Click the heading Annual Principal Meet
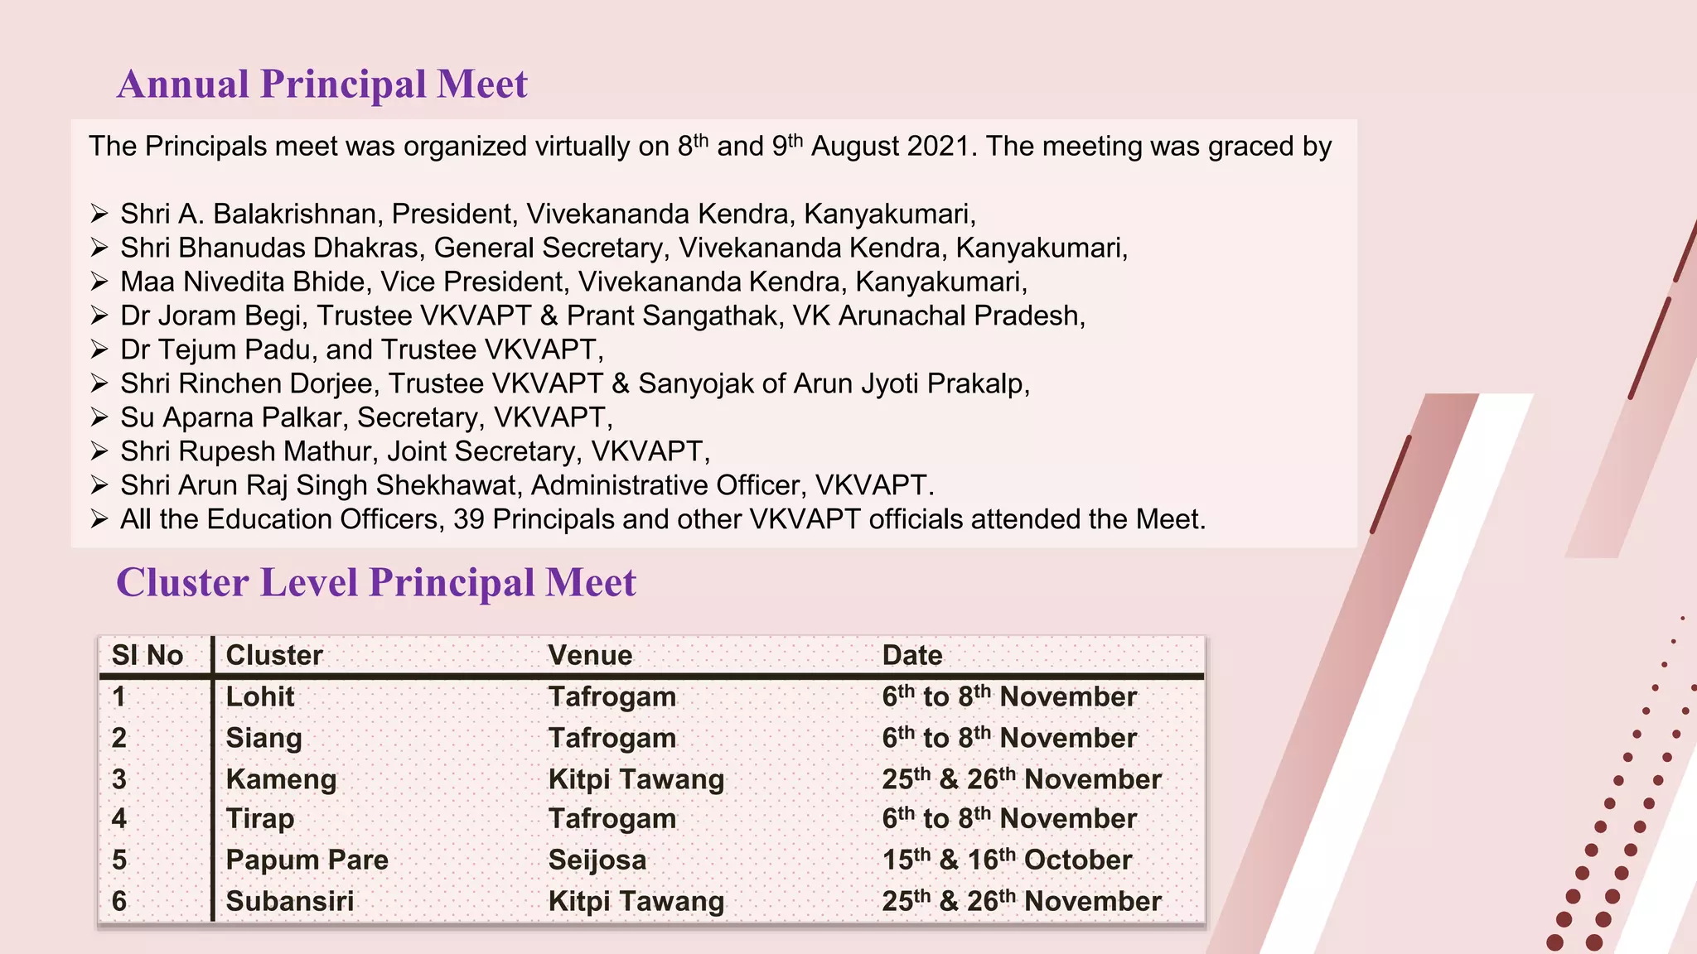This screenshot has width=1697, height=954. pos(322,84)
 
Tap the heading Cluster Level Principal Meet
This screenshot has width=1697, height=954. pos(375,583)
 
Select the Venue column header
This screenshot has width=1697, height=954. pos(590,655)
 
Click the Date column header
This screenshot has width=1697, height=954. pos(912,655)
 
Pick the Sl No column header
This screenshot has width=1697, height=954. pos(147,655)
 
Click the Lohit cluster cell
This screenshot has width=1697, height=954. pos(260,696)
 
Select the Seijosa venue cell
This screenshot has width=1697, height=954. pos(597,860)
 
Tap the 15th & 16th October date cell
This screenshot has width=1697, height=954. pos(1007,860)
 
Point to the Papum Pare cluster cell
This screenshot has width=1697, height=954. pos(307,860)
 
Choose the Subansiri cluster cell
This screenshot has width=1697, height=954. pos(290,901)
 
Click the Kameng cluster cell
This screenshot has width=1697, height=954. pos(281,779)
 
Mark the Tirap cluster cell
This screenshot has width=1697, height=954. pos(260,819)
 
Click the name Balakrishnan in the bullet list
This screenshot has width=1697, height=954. pos(297,214)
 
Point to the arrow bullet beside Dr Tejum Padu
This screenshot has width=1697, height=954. pos(99,349)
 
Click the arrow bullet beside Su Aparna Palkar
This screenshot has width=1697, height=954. pos(99,417)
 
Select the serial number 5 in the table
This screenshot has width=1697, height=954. pos(119,860)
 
